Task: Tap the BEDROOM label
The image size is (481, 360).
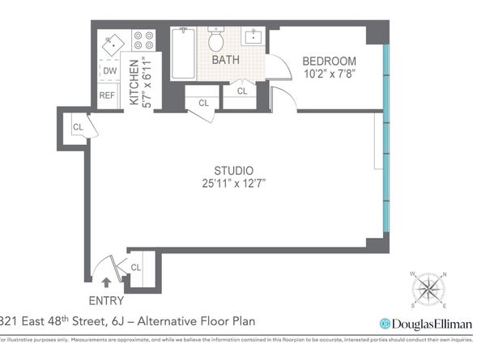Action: (330, 61)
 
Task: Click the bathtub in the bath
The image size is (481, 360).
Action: (183, 53)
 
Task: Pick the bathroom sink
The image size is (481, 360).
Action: (254, 36)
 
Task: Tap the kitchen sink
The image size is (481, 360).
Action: (113, 43)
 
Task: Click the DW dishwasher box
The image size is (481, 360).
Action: (109, 71)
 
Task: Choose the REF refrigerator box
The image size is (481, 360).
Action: (108, 95)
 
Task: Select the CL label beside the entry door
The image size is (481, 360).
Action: (136, 267)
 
